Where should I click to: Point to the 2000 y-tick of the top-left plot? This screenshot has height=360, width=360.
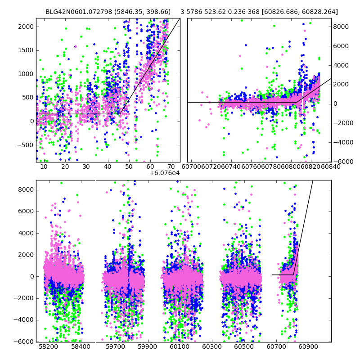pos(25,27)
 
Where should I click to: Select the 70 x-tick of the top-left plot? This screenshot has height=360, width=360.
pos(171,167)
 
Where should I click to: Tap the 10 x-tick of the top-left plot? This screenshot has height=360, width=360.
pos(44,167)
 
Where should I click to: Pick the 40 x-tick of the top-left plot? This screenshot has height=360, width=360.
pos(108,167)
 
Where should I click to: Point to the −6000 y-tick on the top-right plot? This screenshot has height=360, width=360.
pos(342,162)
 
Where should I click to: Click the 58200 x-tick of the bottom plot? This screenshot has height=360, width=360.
pos(48,347)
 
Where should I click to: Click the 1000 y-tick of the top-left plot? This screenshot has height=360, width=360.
pos(25,74)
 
